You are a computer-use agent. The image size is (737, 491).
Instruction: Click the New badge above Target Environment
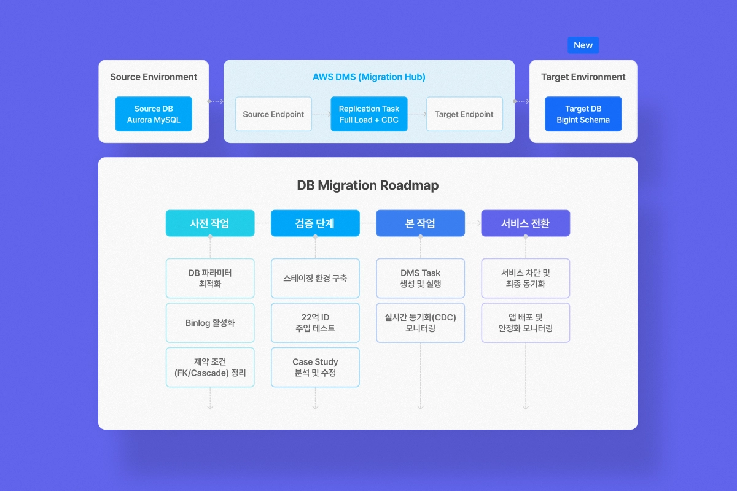[x=583, y=45]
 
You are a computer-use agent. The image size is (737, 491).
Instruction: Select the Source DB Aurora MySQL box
[x=154, y=114]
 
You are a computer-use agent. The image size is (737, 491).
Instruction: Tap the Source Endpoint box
[x=273, y=114]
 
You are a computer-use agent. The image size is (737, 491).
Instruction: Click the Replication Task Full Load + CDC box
[x=368, y=114]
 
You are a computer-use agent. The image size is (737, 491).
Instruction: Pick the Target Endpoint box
[x=464, y=114]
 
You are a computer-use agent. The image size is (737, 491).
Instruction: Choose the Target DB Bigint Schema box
[x=583, y=114]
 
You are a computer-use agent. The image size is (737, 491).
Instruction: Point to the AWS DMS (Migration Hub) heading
[x=368, y=77]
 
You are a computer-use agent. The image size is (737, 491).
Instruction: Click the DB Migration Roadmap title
[x=367, y=185]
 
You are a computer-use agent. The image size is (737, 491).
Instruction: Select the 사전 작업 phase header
[x=210, y=223]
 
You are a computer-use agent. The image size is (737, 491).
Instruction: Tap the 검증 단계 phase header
[x=315, y=223]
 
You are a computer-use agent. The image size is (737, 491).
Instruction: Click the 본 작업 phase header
[x=420, y=223]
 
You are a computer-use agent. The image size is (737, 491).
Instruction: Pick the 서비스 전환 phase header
[x=525, y=223]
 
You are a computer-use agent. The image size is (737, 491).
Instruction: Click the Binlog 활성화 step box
[x=210, y=323]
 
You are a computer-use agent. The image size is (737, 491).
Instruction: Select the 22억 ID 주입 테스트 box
[x=315, y=323]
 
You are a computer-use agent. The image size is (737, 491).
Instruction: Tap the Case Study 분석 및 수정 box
[x=315, y=368]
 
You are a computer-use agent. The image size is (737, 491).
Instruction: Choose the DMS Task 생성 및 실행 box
[x=420, y=279]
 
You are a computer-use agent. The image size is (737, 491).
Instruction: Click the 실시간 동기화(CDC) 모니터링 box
[x=420, y=323]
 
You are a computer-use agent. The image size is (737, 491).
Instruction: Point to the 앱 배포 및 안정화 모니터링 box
[x=525, y=323]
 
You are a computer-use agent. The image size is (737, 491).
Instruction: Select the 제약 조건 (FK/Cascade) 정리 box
[x=210, y=368]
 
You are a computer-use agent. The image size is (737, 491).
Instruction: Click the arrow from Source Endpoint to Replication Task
[x=321, y=114]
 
